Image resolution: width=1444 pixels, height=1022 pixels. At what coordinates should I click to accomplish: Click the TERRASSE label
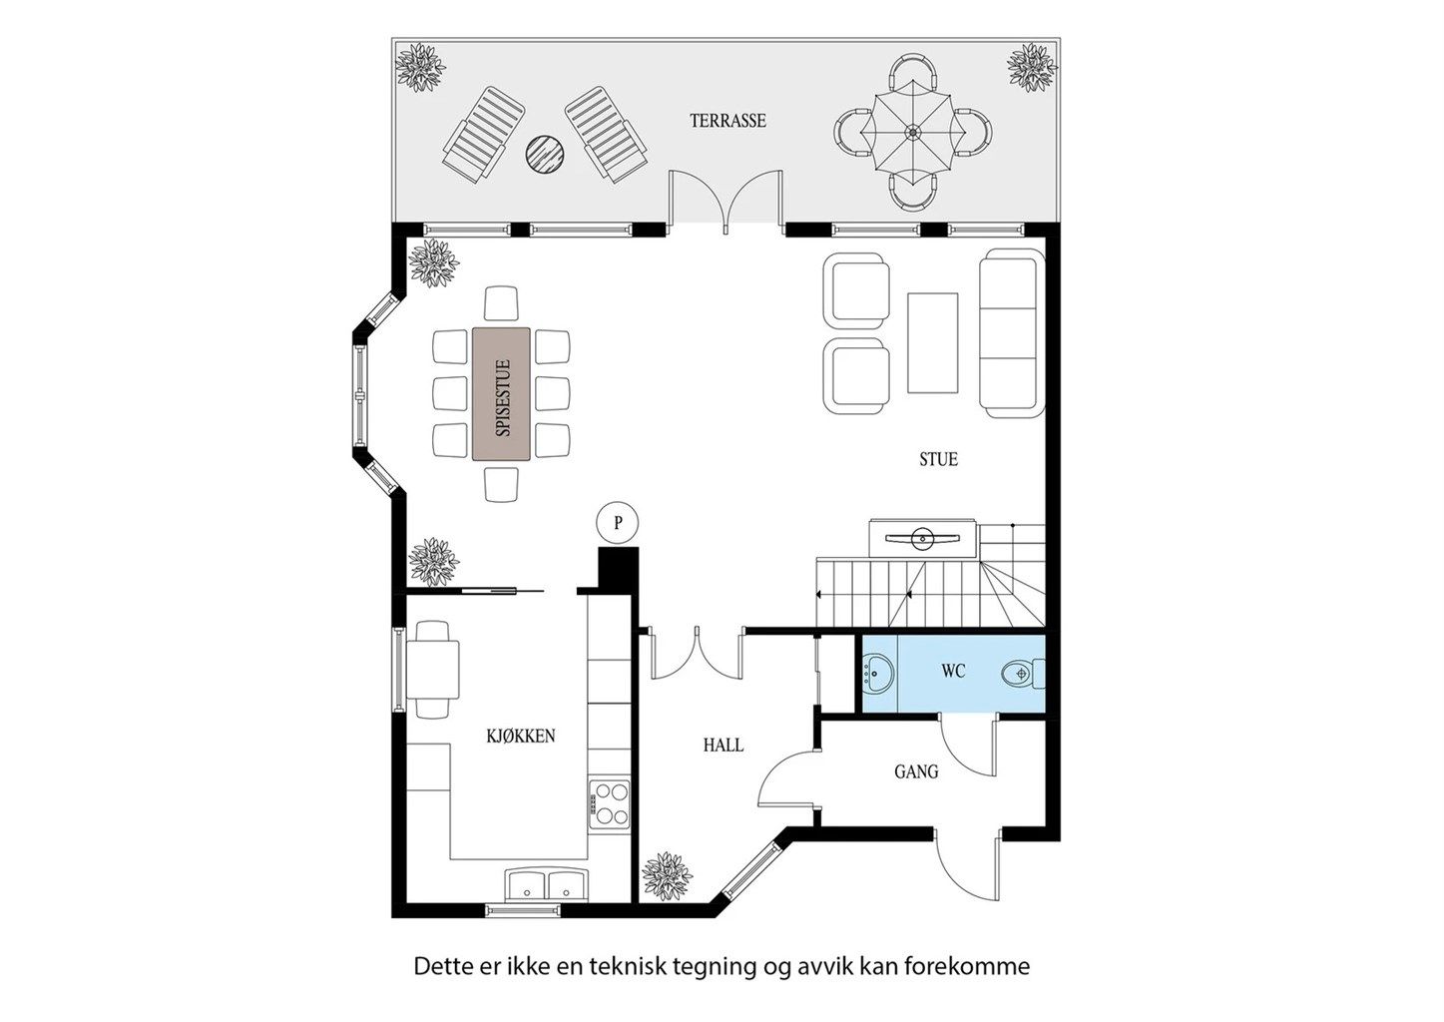pos(727,121)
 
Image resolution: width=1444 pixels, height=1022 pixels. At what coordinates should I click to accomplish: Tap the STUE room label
pos(938,459)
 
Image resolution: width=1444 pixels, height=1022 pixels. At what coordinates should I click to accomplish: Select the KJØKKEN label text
pos(520,736)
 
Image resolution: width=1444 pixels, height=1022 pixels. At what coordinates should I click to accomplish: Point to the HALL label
pos(723,746)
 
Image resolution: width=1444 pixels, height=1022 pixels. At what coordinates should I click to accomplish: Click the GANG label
pos(916,771)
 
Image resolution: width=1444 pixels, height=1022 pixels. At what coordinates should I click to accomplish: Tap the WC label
pos(953,672)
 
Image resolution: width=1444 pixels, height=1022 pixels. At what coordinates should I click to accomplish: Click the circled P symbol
pos(618,522)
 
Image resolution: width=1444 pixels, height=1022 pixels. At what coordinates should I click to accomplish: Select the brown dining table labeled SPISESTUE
pos(502,394)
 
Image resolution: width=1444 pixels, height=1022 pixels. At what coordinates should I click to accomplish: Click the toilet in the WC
pos(1023,674)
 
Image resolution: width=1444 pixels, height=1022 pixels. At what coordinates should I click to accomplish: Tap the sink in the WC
pos(877,673)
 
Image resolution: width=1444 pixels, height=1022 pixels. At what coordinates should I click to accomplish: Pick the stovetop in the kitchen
pos(609,803)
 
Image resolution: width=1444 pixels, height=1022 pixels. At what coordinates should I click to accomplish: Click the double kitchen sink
pos(547,884)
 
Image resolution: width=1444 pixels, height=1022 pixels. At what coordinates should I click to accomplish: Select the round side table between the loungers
pos(545,154)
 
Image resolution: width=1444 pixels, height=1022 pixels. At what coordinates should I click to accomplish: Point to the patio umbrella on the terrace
pos(912,133)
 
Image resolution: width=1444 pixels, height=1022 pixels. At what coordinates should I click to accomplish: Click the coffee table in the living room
pos(932,342)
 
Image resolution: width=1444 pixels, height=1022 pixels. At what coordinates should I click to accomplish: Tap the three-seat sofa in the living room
pos(1012,332)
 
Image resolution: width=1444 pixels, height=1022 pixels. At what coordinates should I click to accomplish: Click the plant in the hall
pos(668,876)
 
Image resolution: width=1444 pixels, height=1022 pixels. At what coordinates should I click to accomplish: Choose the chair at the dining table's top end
pos(501,303)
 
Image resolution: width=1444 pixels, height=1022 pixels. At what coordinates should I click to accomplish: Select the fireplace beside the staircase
pos(922,539)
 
